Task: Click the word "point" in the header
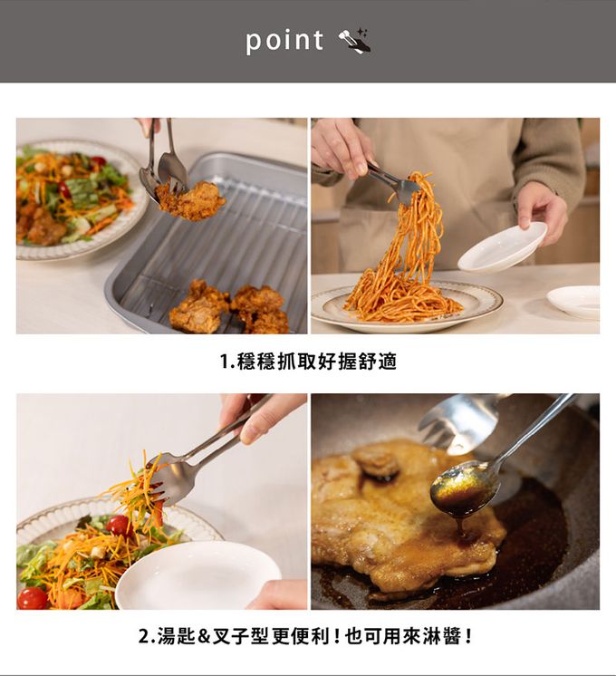284,41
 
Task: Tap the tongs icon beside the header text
355,41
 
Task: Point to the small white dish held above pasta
502,247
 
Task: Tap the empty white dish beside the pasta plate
573,302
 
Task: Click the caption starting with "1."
308,362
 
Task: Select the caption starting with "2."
305,636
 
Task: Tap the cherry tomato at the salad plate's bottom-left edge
32,598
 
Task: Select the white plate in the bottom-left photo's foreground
197,575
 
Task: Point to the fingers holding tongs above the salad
259,418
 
